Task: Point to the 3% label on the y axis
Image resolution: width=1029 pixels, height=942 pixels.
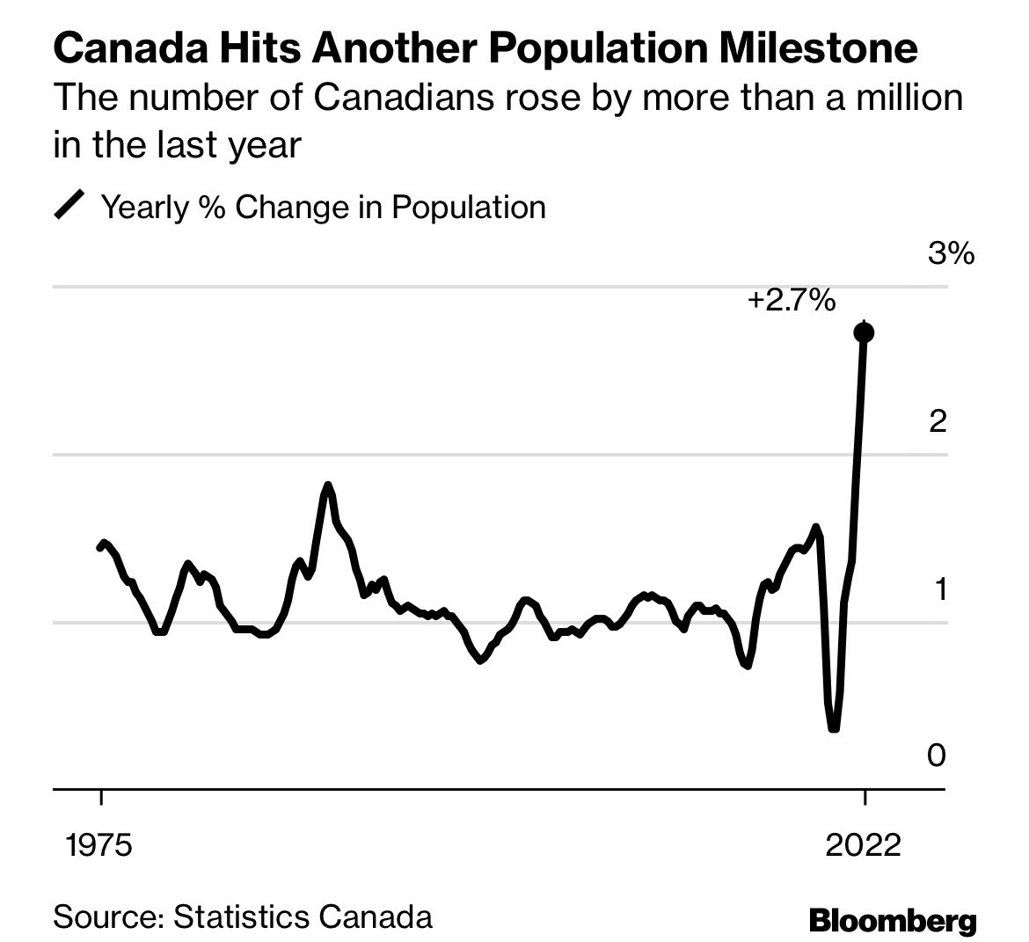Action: pos(951,254)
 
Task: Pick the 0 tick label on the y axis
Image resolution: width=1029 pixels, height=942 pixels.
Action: pos(938,756)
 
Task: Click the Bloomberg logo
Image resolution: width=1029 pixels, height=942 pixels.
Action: pos(892,922)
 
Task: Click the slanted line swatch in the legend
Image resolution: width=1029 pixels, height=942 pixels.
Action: pos(69,207)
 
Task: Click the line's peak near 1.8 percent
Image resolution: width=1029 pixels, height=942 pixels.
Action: pos(327,485)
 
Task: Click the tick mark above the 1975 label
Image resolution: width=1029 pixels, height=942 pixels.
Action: pos(101,798)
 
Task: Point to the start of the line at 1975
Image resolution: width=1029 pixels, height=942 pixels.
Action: pos(99,547)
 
